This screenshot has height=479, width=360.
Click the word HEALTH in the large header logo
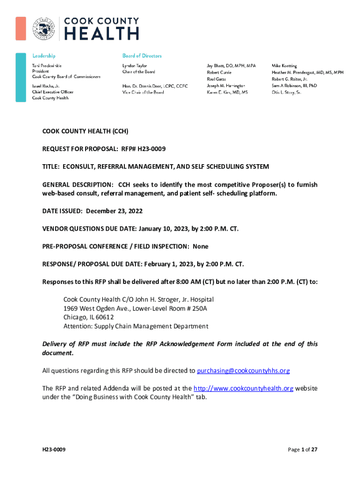click(x=101, y=33)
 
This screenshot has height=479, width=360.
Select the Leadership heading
click(x=43, y=56)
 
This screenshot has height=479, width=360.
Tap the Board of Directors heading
click(x=142, y=56)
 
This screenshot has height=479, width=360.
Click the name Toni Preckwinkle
click(x=46, y=66)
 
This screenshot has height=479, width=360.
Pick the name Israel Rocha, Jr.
click(x=45, y=87)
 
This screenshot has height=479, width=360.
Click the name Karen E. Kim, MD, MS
click(x=227, y=93)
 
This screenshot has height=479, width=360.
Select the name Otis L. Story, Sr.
click(x=286, y=93)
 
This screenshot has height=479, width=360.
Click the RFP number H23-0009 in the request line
click(x=150, y=149)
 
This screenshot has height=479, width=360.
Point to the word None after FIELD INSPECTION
click(x=201, y=247)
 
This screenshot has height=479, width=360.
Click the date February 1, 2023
click(x=166, y=264)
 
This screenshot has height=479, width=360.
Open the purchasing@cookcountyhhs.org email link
click(x=243, y=371)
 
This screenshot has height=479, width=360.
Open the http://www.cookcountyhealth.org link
click(x=243, y=389)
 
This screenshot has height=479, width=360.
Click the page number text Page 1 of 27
click(x=302, y=450)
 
